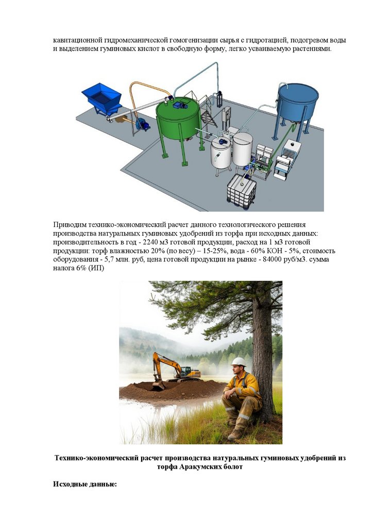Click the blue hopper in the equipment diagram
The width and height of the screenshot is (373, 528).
(x=102, y=98)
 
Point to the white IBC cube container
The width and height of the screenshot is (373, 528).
(x=242, y=190)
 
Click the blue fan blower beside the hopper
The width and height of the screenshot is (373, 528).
(x=143, y=124)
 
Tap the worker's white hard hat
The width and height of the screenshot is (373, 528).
(x=239, y=361)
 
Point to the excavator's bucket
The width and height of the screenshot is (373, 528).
(x=158, y=386)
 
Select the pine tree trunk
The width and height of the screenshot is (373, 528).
(x=264, y=354)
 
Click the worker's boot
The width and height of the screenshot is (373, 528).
(x=235, y=435)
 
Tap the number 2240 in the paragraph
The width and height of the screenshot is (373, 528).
(x=150, y=242)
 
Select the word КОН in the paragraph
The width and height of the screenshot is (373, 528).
(x=275, y=251)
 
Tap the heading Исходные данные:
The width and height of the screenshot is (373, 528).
(x=85, y=484)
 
